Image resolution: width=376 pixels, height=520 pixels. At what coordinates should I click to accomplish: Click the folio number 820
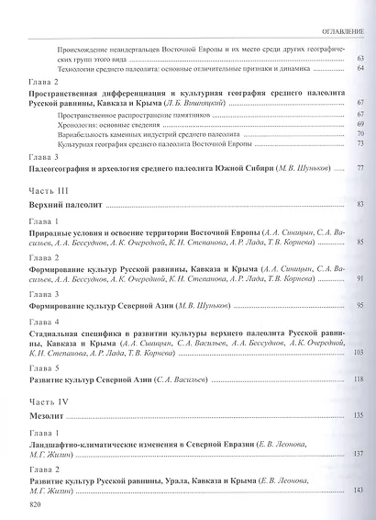(36, 504)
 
